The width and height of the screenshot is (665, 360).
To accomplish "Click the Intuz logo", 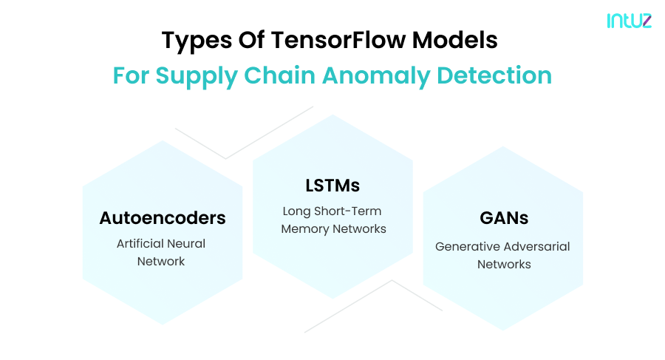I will pos(629,21).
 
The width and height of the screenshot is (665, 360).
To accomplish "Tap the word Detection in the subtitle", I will pos(499,75).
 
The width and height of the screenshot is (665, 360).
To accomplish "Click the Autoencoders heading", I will pos(163,218).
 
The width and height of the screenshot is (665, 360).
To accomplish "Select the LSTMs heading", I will pos(332,185).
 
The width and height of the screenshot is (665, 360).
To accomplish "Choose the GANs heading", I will pos(503,219).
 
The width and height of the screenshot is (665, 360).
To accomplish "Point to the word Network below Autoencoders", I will pos(161,261).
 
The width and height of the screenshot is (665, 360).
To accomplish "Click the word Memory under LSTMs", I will pos(304,229).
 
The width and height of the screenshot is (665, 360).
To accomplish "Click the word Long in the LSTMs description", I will pos(296,211).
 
